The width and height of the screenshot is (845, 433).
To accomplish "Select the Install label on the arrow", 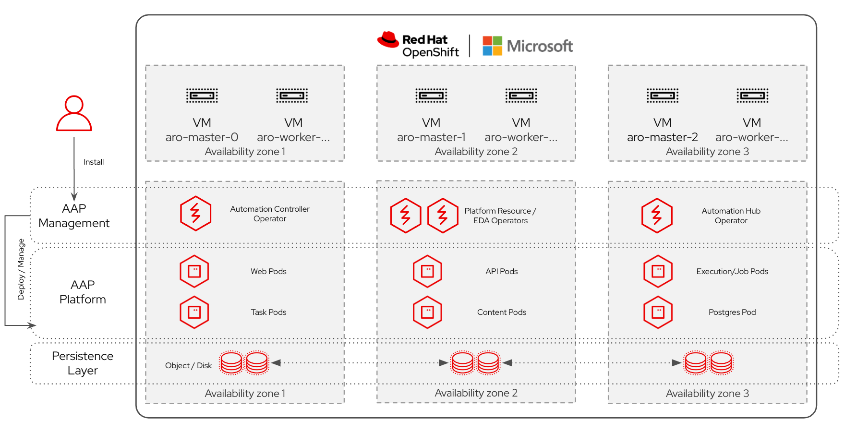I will (x=94, y=162).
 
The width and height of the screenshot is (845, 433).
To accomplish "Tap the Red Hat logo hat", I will (x=388, y=39).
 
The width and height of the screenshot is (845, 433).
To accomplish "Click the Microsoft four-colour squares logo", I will (x=492, y=46).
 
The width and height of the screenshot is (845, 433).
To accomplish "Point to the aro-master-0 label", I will (x=202, y=137).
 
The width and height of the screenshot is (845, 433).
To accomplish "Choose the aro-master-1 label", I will (x=431, y=137).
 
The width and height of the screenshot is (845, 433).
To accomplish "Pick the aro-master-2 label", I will (x=662, y=137).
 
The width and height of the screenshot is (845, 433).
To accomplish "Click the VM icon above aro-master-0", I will (x=202, y=96).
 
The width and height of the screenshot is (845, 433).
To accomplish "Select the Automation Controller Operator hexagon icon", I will (x=195, y=213).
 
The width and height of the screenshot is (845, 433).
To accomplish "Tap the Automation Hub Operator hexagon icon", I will (x=657, y=216).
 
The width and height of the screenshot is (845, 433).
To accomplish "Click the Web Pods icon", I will (x=194, y=271).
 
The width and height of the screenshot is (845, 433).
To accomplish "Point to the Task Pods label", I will (x=268, y=313).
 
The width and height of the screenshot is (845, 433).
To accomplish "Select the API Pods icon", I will (x=427, y=271).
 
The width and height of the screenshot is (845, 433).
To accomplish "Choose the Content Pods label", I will (x=501, y=313).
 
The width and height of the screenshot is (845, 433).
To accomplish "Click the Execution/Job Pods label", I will (x=732, y=272).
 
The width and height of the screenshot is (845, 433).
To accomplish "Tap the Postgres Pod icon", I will (x=658, y=312).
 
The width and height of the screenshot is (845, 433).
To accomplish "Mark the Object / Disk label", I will (x=188, y=366).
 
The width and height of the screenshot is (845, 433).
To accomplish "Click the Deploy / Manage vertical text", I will (x=21, y=269).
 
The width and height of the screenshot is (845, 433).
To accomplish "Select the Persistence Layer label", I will (x=83, y=363).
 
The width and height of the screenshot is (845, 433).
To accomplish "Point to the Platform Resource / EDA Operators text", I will (x=500, y=216).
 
